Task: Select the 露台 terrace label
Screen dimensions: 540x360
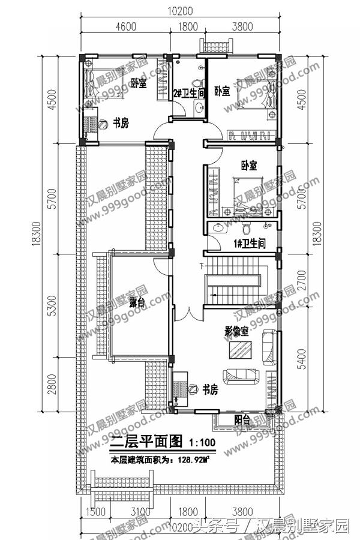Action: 136,304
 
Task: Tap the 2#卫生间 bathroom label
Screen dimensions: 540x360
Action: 189,93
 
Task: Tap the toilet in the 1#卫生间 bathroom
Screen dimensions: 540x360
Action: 246,229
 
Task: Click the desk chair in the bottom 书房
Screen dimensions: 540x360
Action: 193,388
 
